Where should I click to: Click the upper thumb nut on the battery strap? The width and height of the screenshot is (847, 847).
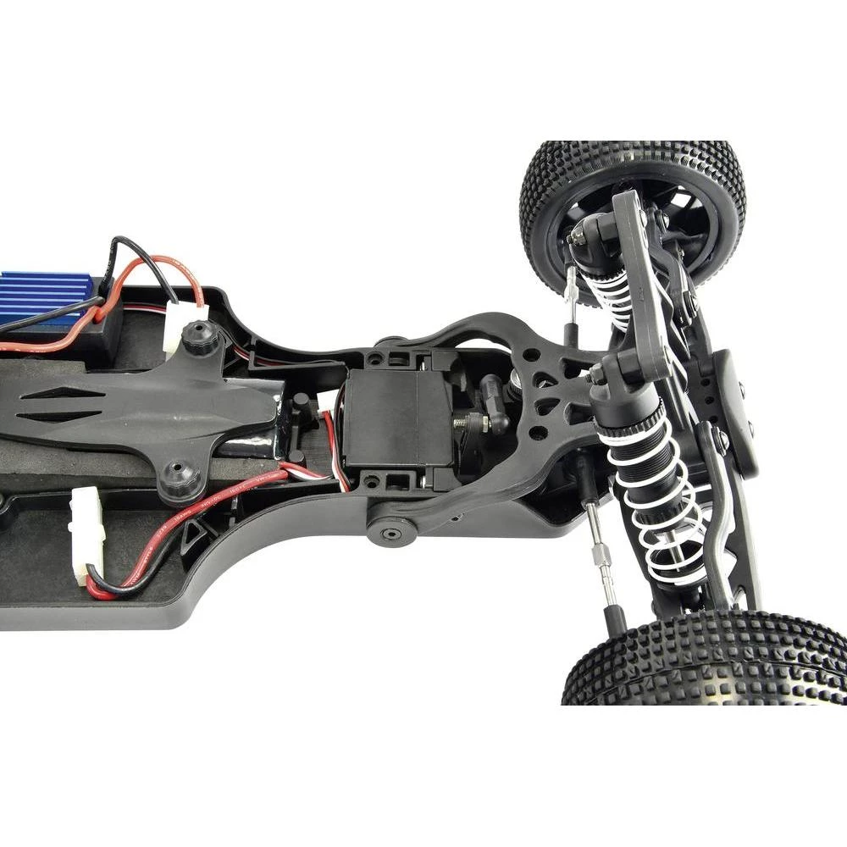(x=201, y=336)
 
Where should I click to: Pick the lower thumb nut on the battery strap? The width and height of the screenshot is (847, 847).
(x=180, y=480)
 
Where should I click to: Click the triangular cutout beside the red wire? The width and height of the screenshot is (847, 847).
(x=193, y=532)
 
